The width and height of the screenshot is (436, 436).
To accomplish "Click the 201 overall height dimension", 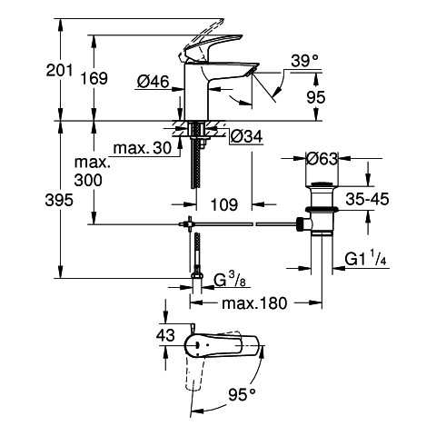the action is [x=59, y=70].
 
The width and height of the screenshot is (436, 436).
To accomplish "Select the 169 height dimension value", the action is [x=94, y=78].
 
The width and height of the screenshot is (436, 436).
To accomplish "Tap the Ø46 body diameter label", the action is [x=153, y=82].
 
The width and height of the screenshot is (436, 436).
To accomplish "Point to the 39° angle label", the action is [x=305, y=61].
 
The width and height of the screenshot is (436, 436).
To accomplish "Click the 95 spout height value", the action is [x=316, y=97].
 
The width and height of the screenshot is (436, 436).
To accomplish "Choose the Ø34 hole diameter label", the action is [x=246, y=137].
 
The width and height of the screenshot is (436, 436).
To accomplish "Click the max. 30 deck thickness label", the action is [x=143, y=148].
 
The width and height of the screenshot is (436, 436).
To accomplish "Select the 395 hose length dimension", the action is [x=59, y=200].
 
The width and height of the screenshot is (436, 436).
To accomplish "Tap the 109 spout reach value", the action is [x=224, y=205].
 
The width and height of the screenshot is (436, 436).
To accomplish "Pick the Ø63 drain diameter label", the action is [x=322, y=158].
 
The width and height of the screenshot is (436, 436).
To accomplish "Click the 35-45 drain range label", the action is [x=367, y=199].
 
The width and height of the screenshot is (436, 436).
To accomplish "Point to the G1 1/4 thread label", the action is [x=366, y=259].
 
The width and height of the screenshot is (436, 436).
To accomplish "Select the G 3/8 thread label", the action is [x=230, y=280].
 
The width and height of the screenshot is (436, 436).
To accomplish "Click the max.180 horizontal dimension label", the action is [x=254, y=303].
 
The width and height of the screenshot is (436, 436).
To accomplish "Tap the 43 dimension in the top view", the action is [x=165, y=335].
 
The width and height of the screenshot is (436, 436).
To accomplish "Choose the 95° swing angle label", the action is [x=242, y=394].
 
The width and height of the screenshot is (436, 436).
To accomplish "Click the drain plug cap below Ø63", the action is [x=322, y=184].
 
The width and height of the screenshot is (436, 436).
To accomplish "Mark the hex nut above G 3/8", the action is [x=197, y=275].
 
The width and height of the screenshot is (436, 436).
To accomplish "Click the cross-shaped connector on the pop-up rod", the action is [x=190, y=224].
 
